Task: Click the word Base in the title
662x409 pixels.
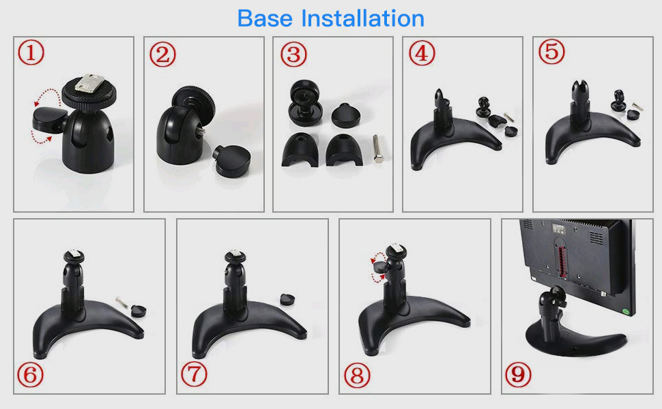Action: coord(265,18)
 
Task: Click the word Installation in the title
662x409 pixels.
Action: coord(362,18)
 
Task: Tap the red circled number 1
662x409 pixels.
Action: coord(31,52)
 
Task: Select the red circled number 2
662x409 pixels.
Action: coord(163,55)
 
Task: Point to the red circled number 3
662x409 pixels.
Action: coord(294,55)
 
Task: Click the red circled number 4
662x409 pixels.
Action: coord(422,53)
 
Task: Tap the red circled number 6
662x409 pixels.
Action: coord(31,375)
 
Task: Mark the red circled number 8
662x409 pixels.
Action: coord(357,376)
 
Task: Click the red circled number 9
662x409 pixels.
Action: coord(519,374)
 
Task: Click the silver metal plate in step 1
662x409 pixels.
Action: coord(90,83)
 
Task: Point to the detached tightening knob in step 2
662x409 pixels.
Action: coord(232,161)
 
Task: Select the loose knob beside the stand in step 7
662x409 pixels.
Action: coord(287,299)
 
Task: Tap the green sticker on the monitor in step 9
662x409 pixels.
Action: coord(627,311)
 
